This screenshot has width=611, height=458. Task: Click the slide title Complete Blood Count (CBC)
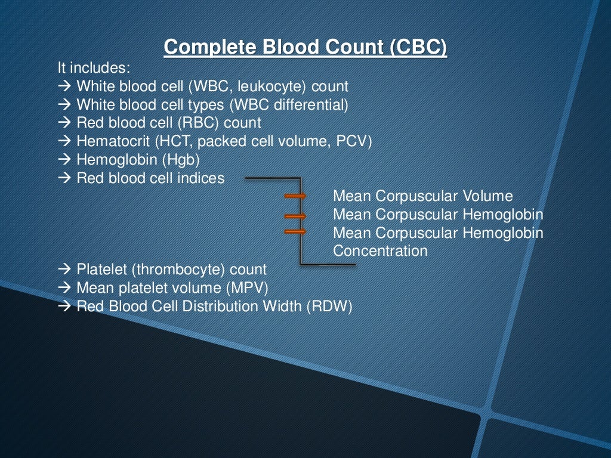[305, 47]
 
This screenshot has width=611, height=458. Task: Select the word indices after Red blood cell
[200, 178]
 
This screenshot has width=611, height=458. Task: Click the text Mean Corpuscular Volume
[422, 196]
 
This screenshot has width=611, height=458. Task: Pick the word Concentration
[380, 251]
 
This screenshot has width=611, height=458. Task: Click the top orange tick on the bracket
[295, 196]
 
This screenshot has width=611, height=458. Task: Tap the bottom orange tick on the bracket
[295, 231]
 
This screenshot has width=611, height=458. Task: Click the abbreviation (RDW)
[330, 307]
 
